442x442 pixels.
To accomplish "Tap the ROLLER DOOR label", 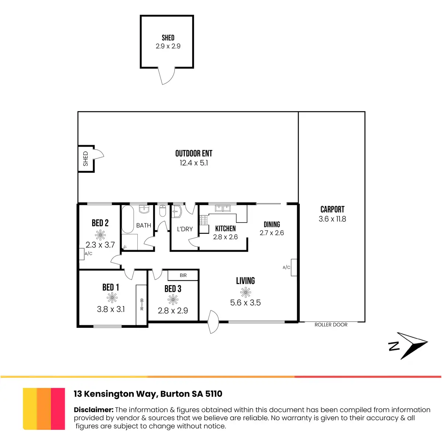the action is click(331, 325).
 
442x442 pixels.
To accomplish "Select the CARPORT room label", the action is click(332, 209).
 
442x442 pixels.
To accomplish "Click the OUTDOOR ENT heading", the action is click(194, 153).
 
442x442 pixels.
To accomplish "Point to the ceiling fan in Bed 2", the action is click(100, 235).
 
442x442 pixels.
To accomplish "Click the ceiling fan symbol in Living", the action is click(245, 292).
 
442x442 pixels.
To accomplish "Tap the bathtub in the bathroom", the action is click(127, 220).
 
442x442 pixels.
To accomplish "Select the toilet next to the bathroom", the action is click(163, 211).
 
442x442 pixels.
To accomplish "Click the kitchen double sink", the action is click(222, 208).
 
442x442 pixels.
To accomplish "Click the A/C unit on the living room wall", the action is click(294, 267).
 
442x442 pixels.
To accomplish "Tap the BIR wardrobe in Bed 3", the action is click(183, 275).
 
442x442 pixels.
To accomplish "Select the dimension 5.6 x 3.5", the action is click(245, 303).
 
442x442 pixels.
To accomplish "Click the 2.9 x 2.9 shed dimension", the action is click(168, 46).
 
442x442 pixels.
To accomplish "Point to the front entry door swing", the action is click(214, 322).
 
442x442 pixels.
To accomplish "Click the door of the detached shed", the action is click(165, 76).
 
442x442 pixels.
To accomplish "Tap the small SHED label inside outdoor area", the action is click(85, 159).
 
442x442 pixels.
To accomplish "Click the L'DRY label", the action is click(185, 229).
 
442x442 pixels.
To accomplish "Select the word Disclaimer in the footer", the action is click(94, 410).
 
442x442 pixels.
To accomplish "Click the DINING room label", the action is click(272, 224).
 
